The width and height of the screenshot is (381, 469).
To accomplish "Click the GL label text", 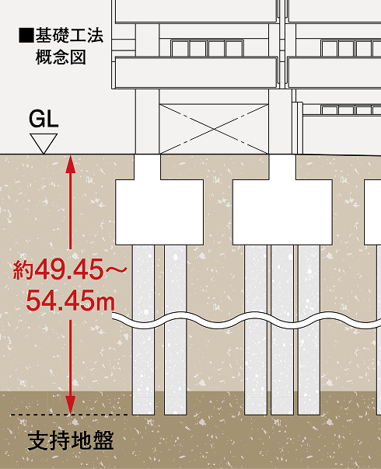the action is (x=44, y=119).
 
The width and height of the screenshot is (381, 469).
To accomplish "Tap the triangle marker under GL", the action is (x=44, y=144).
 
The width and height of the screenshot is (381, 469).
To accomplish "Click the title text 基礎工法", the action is (x=69, y=35).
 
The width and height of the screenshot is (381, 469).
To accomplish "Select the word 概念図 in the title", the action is (x=61, y=57).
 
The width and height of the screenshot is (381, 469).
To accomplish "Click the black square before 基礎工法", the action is (x=26, y=35).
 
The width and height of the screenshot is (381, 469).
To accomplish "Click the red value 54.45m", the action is (x=71, y=301).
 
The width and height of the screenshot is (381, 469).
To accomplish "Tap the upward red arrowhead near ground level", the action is (x=71, y=164).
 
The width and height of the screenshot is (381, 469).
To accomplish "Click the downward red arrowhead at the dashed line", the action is (x=71, y=405).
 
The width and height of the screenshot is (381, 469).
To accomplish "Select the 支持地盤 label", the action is (x=71, y=440).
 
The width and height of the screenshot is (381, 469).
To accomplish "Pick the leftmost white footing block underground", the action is (x=159, y=212).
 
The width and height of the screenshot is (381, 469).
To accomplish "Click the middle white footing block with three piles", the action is (x=282, y=212).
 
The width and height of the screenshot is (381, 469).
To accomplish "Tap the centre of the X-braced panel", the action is (x=214, y=129).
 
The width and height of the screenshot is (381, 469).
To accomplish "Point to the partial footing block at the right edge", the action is (x=372, y=212).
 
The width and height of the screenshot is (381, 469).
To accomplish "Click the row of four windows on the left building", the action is (x=207, y=48).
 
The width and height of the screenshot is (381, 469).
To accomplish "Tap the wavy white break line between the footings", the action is (x=246, y=321).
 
